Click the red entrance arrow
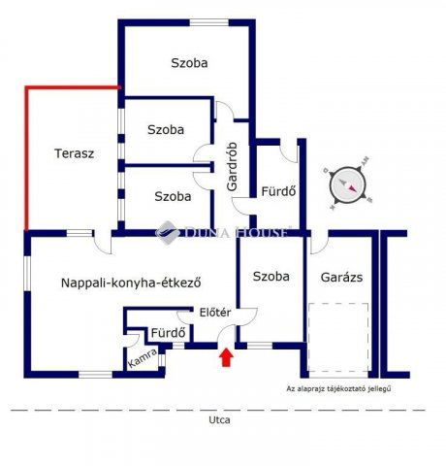[225, 358]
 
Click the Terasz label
[73, 153]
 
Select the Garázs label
[341, 276]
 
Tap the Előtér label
[214, 313]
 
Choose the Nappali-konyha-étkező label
[130, 283]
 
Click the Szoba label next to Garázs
[271, 276]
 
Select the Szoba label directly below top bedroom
[167, 128]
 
